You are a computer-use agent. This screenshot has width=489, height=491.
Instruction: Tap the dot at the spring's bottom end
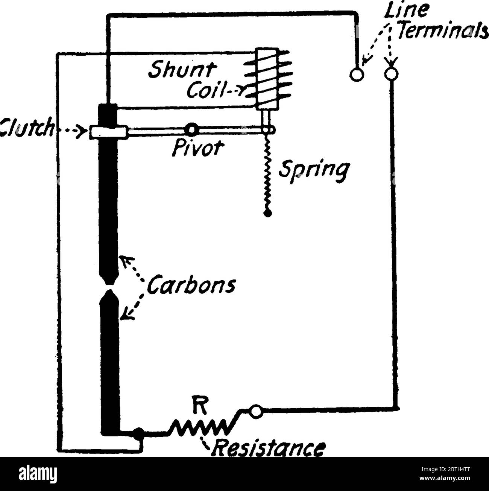tap(268, 214)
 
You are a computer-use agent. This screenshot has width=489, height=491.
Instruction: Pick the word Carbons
tap(191, 286)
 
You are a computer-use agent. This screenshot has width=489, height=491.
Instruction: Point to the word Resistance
tap(268, 448)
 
